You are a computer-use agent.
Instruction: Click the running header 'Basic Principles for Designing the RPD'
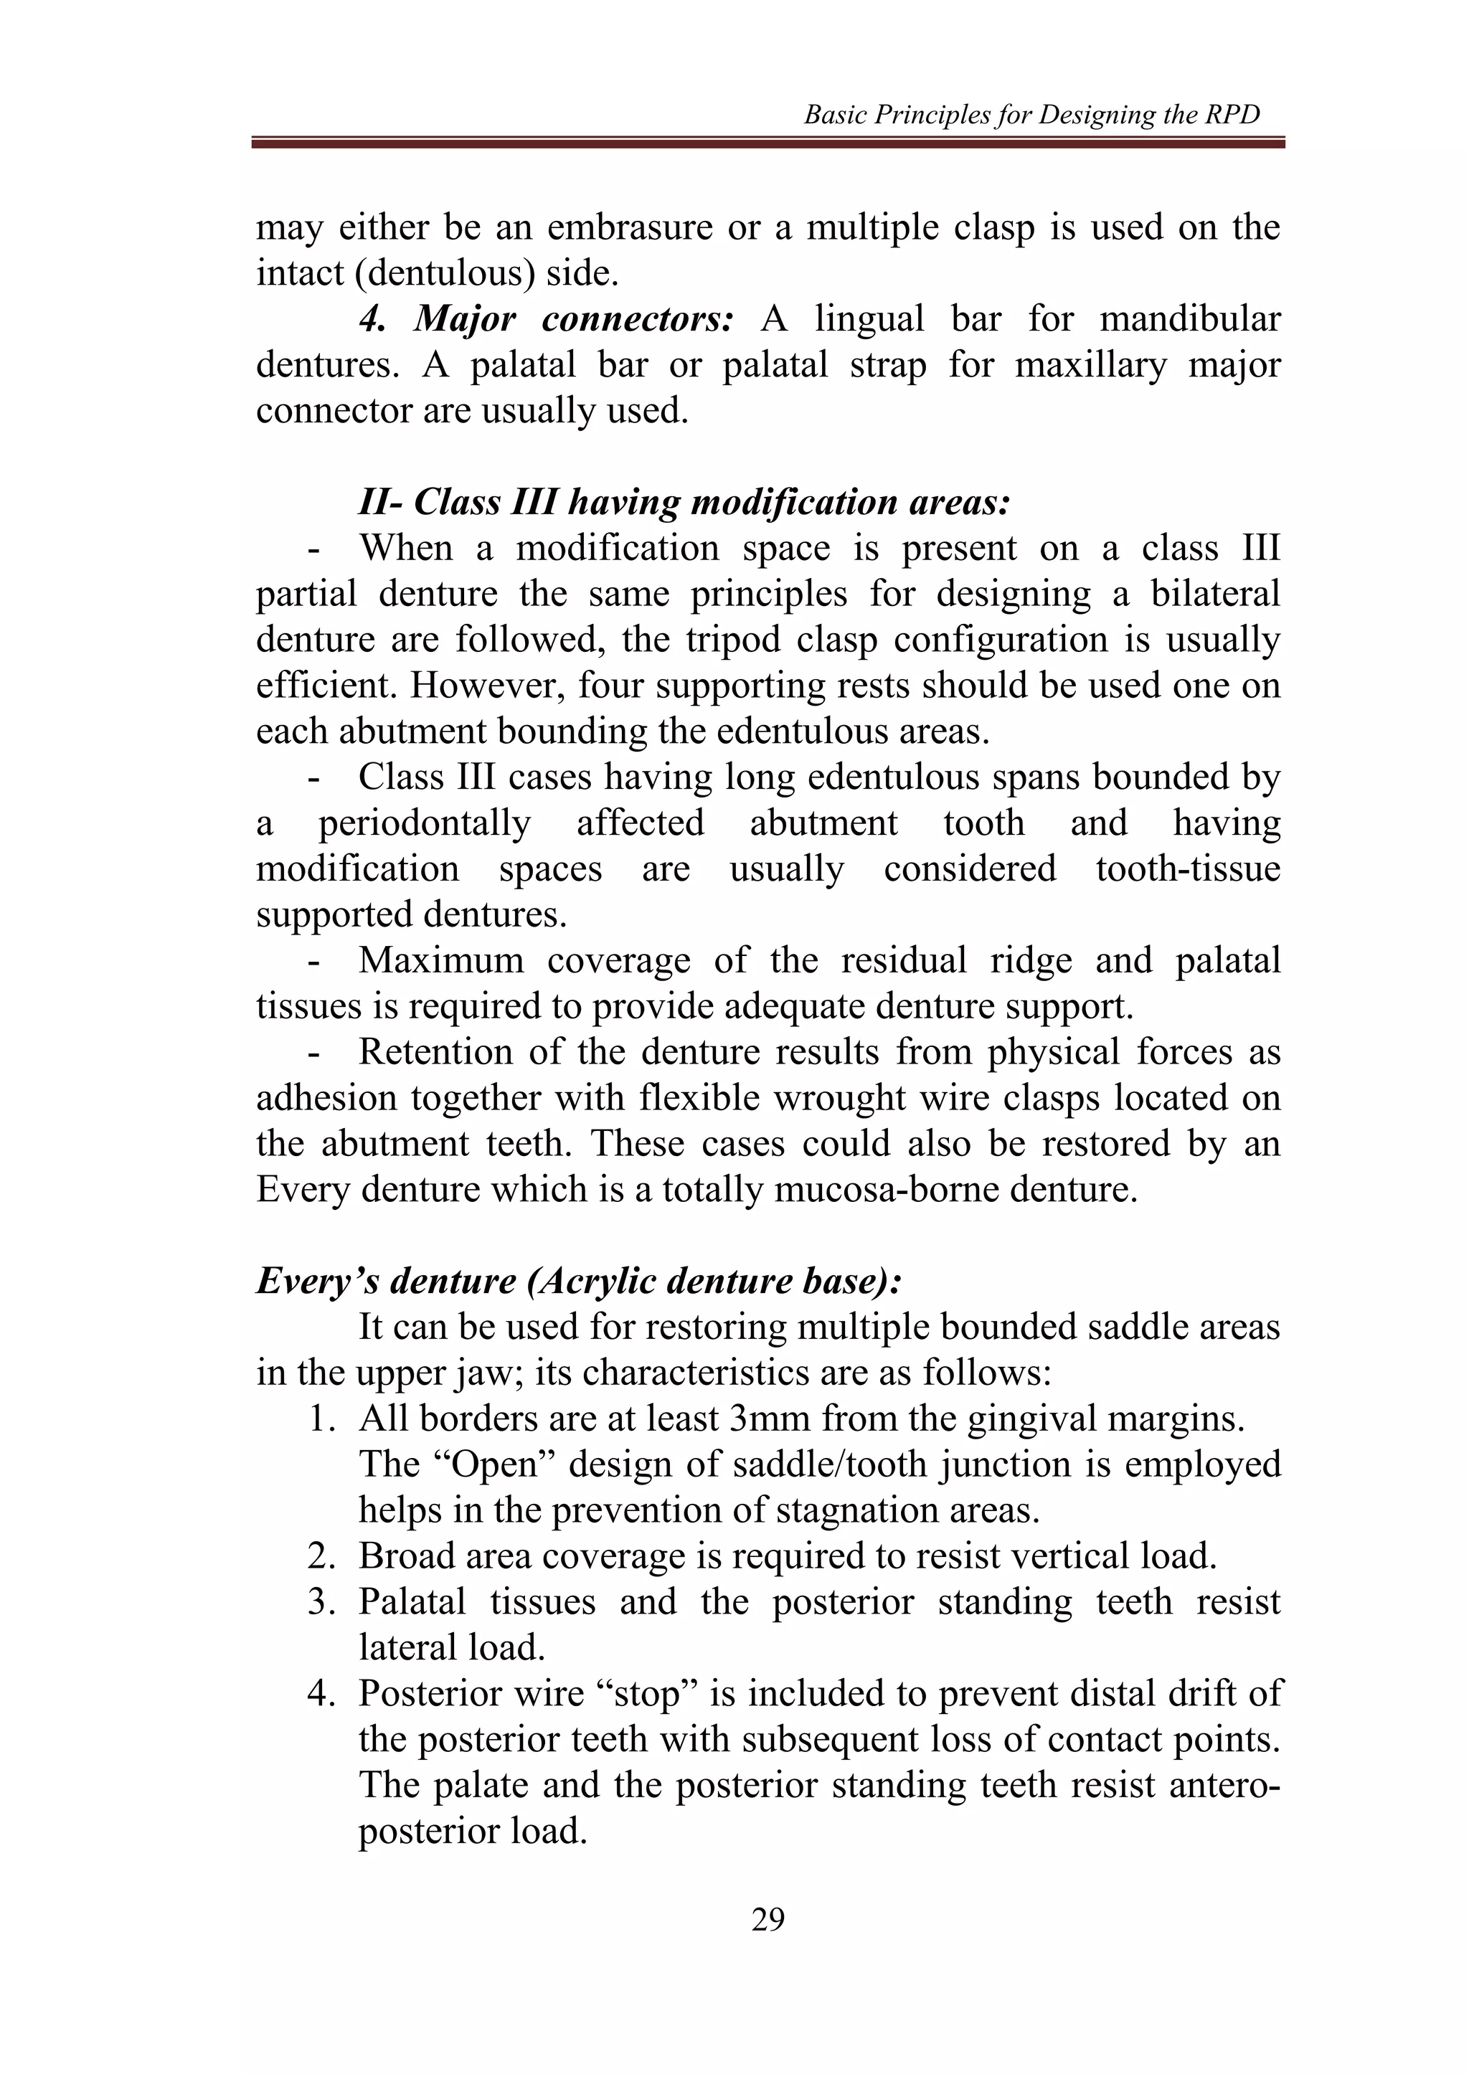coord(1031,115)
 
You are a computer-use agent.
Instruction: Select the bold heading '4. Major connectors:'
coord(545,319)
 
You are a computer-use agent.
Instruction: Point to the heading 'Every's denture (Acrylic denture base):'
coord(579,1281)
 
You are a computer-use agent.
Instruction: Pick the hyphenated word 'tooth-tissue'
coord(1188,868)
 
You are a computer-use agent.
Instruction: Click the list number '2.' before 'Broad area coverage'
coord(321,1555)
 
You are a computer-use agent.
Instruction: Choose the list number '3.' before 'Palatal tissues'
coord(321,1602)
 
